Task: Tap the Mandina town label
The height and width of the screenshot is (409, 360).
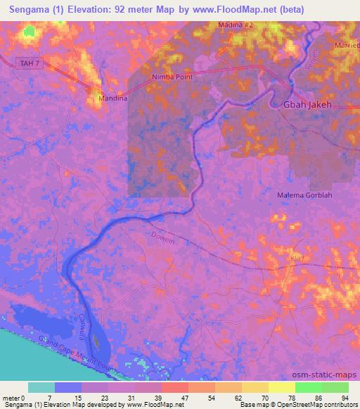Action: click(112, 98)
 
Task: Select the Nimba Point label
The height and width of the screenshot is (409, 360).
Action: click(172, 77)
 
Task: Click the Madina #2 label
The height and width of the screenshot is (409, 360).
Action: click(236, 25)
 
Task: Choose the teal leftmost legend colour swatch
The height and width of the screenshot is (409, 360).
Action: click(41, 387)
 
